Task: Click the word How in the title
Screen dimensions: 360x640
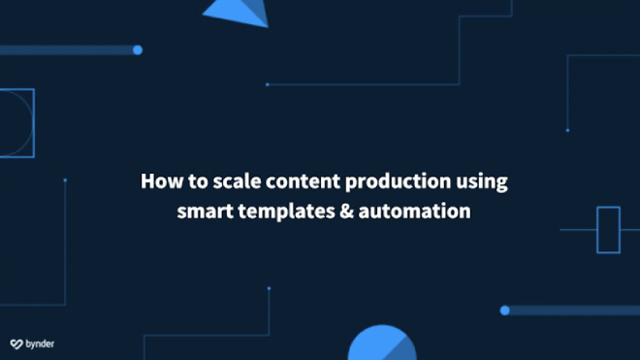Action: (158, 181)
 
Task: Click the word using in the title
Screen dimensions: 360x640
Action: (483, 182)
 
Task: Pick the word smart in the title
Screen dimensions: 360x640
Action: (203, 210)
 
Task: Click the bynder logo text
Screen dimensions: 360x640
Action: (40, 344)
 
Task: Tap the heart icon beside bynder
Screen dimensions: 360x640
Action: (16, 344)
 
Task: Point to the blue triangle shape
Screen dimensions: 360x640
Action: (240, 11)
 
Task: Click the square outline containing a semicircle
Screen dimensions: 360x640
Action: (16, 123)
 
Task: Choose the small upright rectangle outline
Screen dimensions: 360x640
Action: (608, 230)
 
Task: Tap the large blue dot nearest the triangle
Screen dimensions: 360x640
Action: (138, 49)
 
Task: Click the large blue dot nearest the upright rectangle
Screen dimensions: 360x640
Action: (504, 311)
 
